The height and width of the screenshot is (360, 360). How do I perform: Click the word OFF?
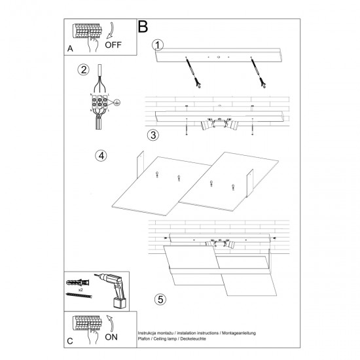tap(113, 45)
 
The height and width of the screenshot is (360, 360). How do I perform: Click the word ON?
tap(111, 337)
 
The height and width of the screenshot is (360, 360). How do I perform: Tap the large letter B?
tap(143, 27)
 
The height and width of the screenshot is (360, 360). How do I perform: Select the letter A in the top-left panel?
tap(70, 48)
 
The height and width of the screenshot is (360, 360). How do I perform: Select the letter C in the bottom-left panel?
tap(70, 341)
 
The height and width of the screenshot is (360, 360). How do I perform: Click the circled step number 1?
tap(158, 45)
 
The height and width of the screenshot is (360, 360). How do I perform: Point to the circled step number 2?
tap(83, 69)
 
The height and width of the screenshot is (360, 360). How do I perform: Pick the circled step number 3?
tap(153, 135)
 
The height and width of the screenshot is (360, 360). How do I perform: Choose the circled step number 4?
tap(101, 156)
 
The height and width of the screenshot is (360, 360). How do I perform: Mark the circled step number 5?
tap(160, 299)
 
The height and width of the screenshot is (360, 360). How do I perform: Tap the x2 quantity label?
tap(81, 290)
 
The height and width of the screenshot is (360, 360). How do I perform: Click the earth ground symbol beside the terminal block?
tap(117, 102)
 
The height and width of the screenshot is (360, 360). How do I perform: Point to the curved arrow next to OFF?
tap(111, 30)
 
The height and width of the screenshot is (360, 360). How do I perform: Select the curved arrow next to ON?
tap(111, 324)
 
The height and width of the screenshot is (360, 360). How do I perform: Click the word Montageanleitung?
tap(239, 333)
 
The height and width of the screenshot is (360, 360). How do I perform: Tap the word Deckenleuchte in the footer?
tap(193, 338)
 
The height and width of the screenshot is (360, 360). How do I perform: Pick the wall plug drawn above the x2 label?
tap(78, 282)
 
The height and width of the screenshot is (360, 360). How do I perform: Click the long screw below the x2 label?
tap(79, 295)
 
